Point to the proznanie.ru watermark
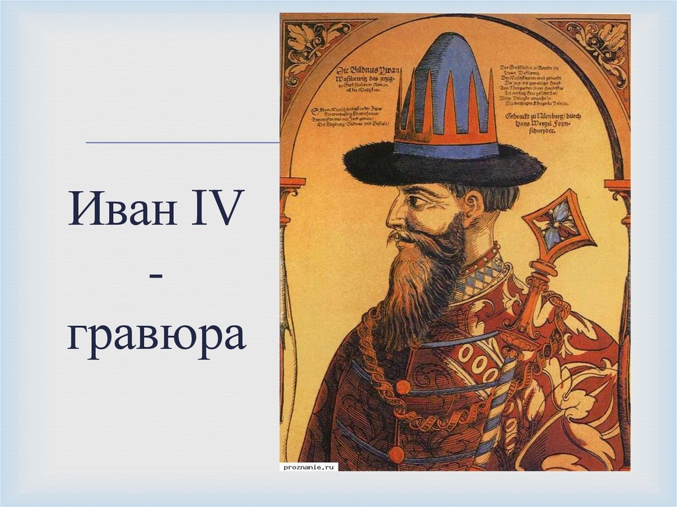309,466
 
